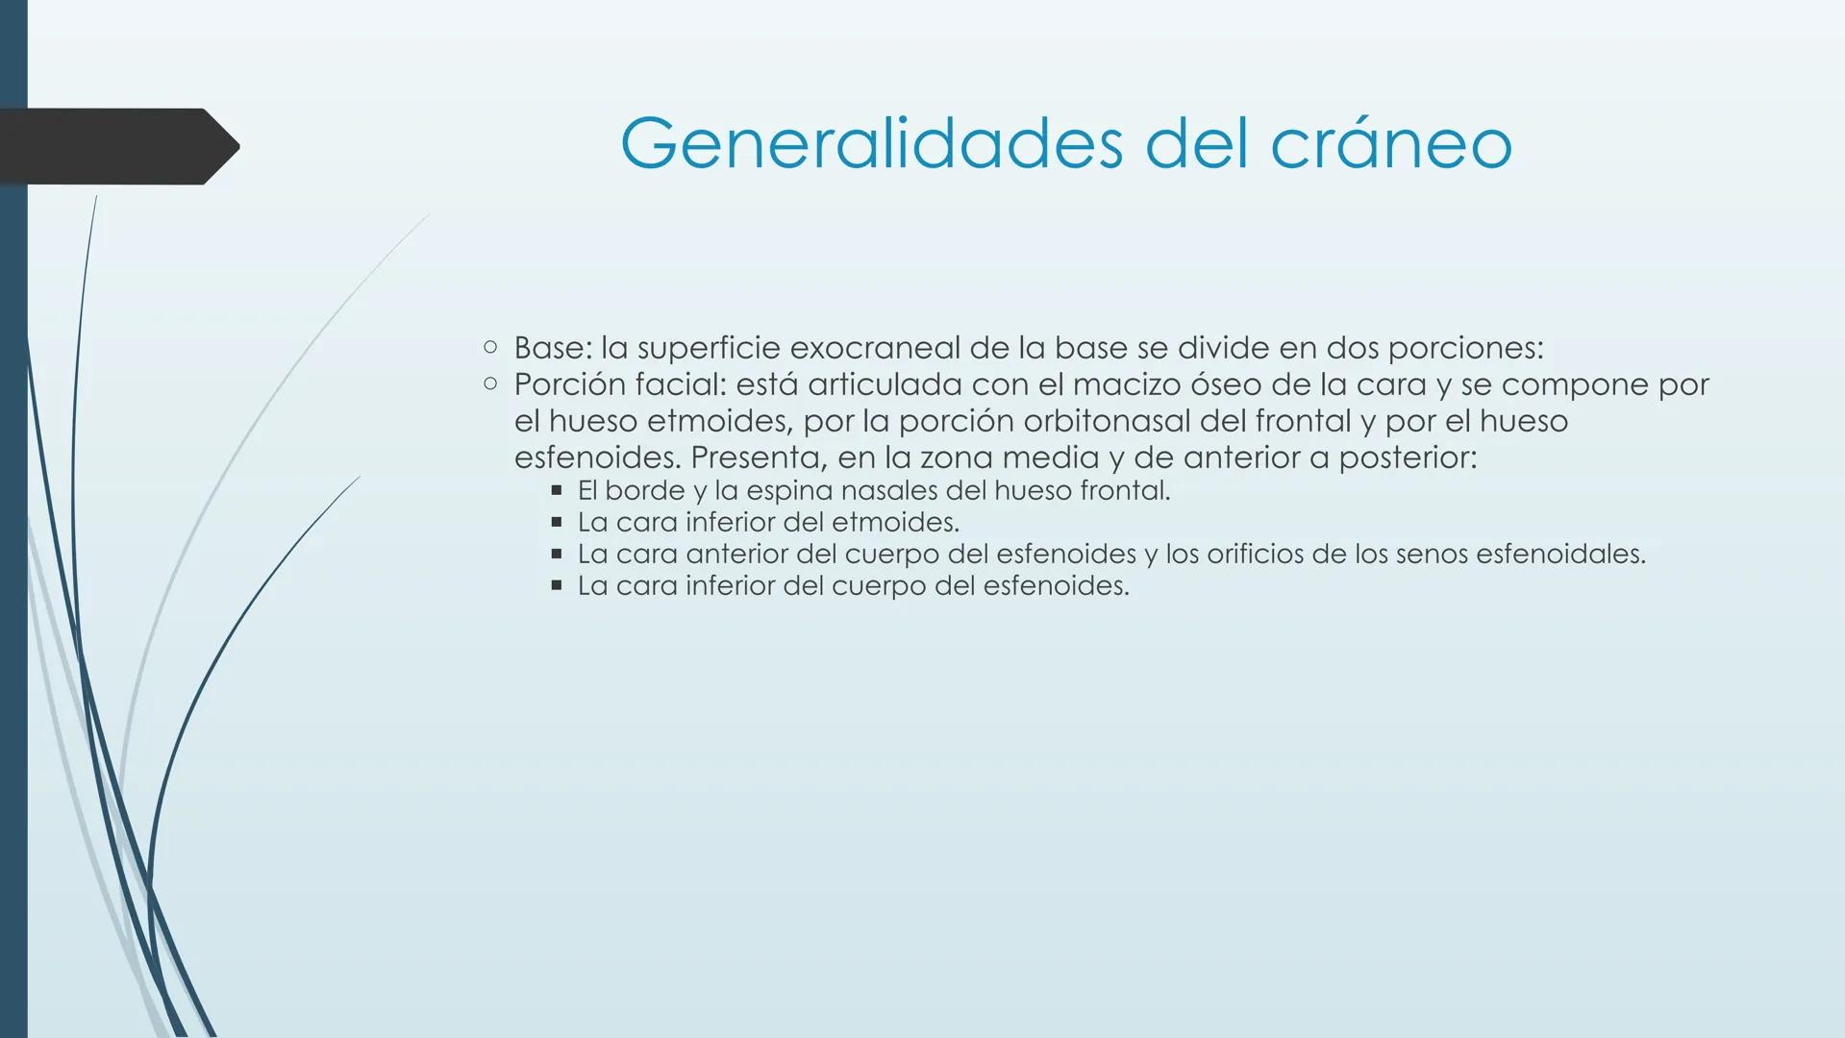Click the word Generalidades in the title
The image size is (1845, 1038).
pyautogui.click(x=871, y=144)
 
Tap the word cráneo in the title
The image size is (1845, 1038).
pyautogui.click(x=1391, y=144)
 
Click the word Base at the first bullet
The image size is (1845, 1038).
pyautogui.click(x=548, y=347)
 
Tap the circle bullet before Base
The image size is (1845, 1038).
pyautogui.click(x=490, y=347)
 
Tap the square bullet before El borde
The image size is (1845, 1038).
pyautogui.click(x=556, y=491)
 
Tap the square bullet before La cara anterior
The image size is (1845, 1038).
pyautogui.click(x=556, y=555)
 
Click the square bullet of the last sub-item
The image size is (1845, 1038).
pyautogui.click(x=556, y=585)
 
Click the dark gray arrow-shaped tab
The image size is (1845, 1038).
pyautogui.click(x=115, y=146)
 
